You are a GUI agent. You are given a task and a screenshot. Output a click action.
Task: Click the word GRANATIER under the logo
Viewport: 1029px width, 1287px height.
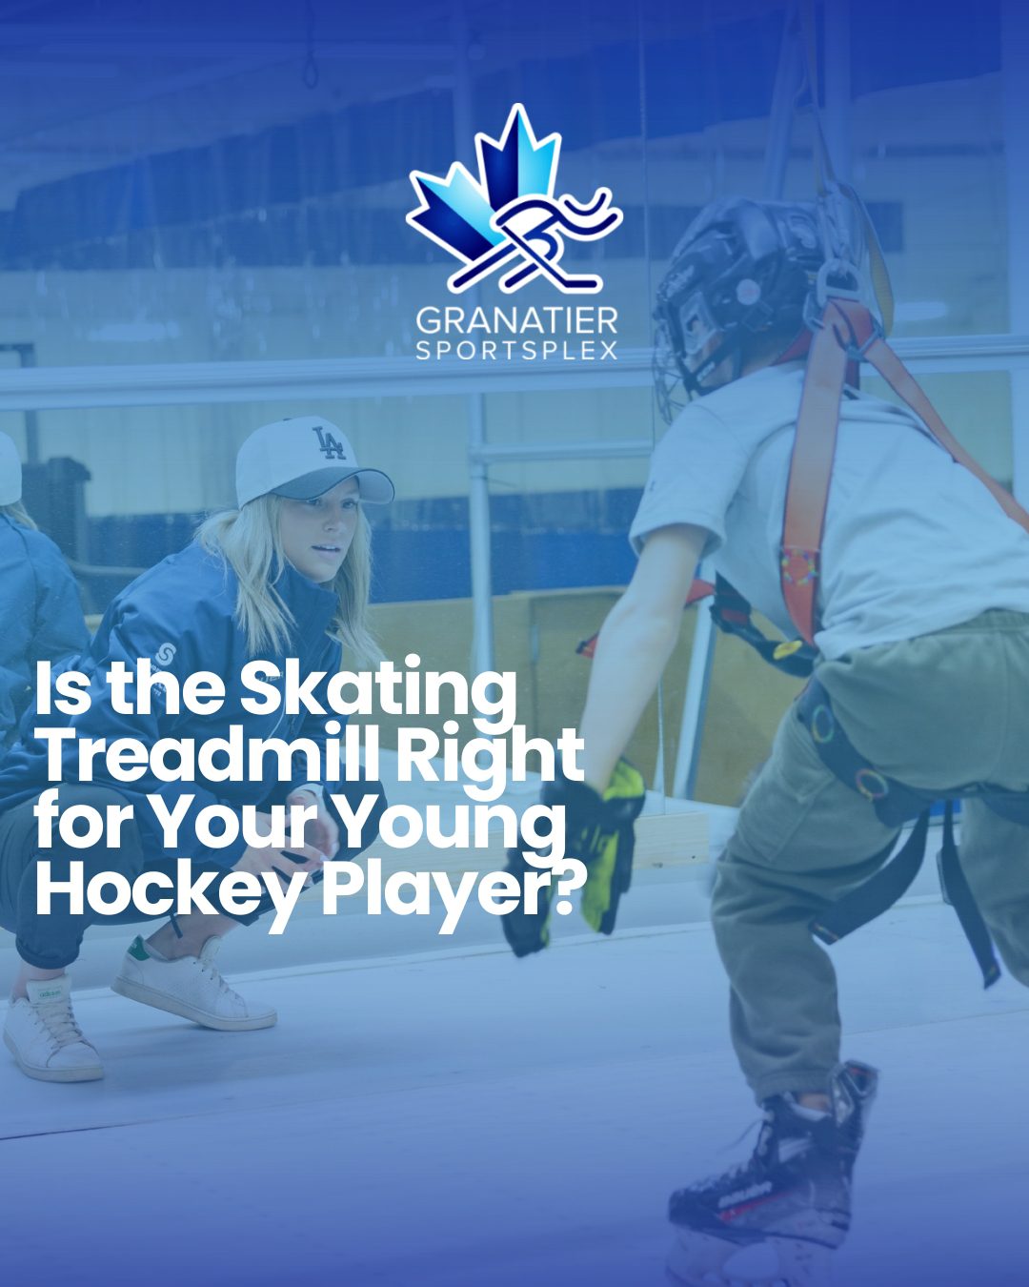(516, 321)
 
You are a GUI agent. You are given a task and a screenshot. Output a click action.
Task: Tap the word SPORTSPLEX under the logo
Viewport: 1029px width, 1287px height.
(516, 351)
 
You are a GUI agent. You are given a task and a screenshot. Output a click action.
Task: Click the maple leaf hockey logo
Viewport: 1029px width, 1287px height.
(514, 199)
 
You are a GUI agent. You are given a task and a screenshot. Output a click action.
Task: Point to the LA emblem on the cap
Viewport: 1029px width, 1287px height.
(329, 442)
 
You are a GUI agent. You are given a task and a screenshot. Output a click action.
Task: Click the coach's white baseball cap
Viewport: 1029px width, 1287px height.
(311, 460)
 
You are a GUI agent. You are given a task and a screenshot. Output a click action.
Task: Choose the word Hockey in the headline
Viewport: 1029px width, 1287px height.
(171, 889)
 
